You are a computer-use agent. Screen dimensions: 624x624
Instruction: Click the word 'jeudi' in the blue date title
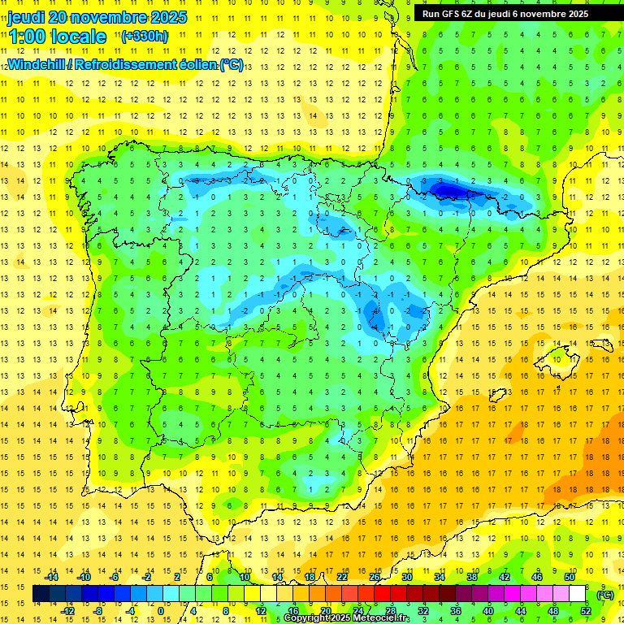[x=27, y=17]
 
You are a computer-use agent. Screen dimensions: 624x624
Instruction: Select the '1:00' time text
[x=27, y=37]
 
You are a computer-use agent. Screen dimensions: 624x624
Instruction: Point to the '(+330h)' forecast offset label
[x=144, y=36]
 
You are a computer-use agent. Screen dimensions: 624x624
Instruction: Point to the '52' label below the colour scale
[x=586, y=611]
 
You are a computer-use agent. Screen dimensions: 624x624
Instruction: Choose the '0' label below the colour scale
[x=161, y=611]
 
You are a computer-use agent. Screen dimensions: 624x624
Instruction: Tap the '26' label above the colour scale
[x=375, y=576]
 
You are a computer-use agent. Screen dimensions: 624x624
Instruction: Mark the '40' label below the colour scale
[x=487, y=611]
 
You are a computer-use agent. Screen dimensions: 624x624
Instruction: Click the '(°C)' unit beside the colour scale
[x=605, y=594]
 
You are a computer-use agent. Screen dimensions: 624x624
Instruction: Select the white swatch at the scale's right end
[x=578, y=594]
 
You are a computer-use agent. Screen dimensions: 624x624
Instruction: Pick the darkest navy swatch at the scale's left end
[x=41, y=594]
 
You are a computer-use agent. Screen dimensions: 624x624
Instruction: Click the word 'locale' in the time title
[x=78, y=37]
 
